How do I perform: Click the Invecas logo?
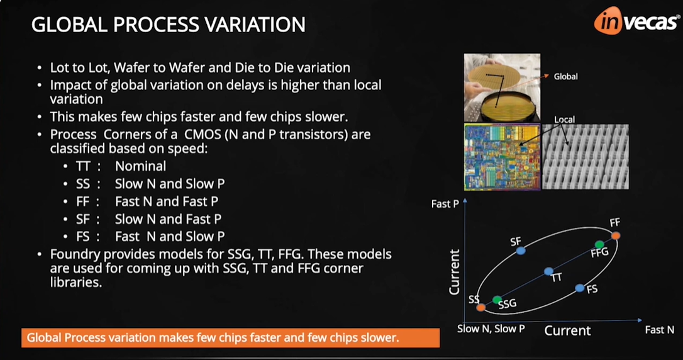(x=636, y=21)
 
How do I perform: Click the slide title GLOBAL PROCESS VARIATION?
(x=169, y=25)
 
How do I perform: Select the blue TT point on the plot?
(x=548, y=271)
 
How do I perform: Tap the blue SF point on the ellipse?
(x=520, y=250)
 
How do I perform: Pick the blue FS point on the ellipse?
(x=580, y=288)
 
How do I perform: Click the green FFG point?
(x=599, y=244)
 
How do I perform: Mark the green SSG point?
(x=497, y=300)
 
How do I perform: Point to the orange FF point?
(x=616, y=235)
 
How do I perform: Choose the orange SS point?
(x=481, y=307)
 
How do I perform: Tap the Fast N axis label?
(x=659, y=330)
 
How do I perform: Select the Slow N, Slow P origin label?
(x=491, y=329)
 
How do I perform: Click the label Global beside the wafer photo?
(x=565, y=77)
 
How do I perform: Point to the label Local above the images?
(x=564, y=119)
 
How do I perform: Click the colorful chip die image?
(x=501, y=157)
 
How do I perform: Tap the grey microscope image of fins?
(x=585, y=157)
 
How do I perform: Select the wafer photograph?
(x=501, y=87)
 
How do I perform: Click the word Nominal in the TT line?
(x=140, y=166)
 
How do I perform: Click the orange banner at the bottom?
(x=230, y=338)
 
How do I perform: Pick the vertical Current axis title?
(x=454, y=272)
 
